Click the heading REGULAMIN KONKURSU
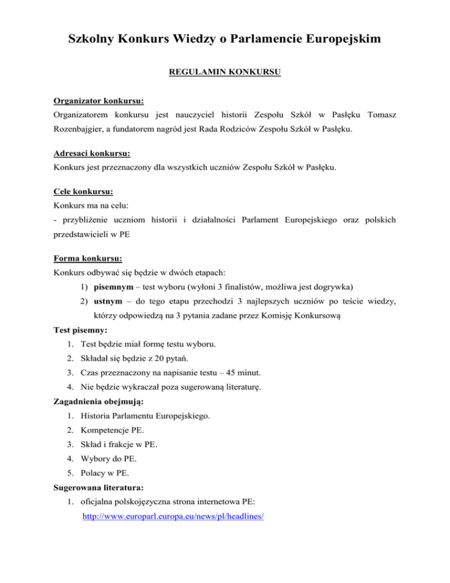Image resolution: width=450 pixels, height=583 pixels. coord(224,73)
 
